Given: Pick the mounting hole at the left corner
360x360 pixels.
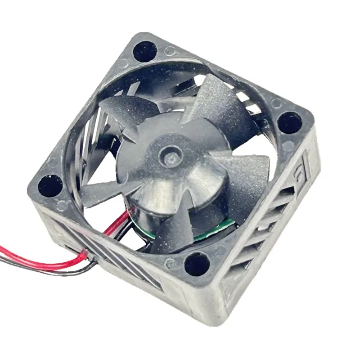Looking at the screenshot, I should [50, 186].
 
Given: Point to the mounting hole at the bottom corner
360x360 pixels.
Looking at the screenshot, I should [197, 264].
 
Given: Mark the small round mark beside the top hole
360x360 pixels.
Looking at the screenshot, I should [170, 51].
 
